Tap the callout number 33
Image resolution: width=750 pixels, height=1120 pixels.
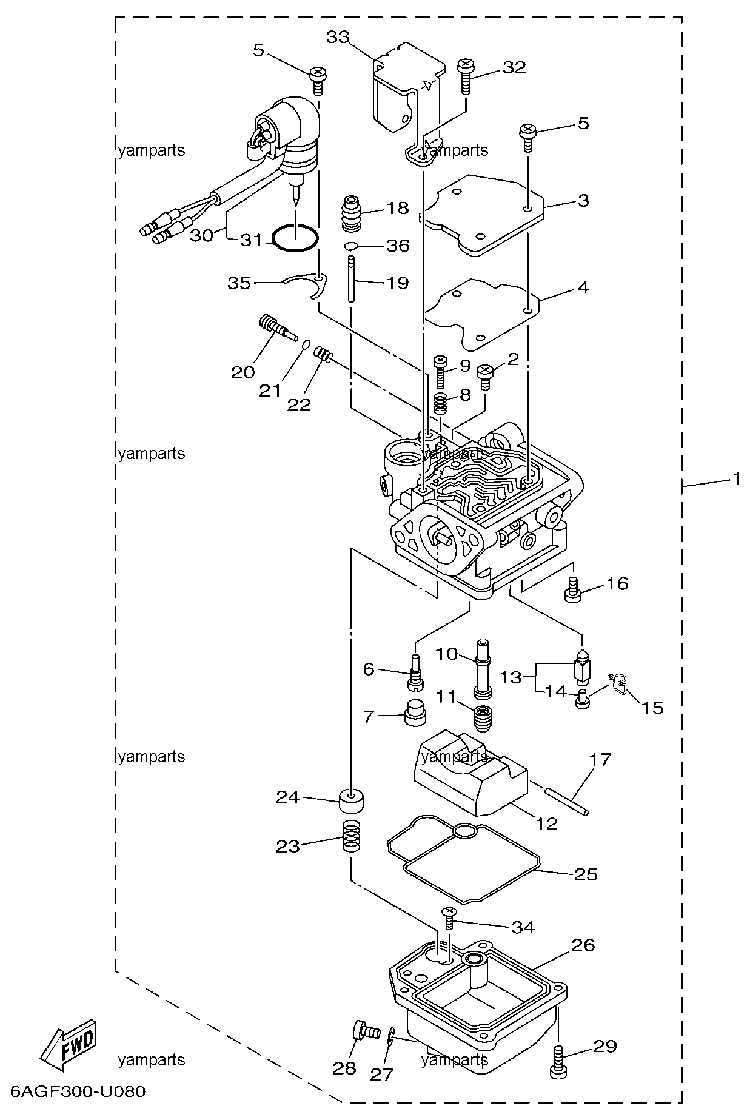(x=338, y=38)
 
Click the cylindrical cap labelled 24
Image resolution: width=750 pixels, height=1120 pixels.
(x=352, y=802)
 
